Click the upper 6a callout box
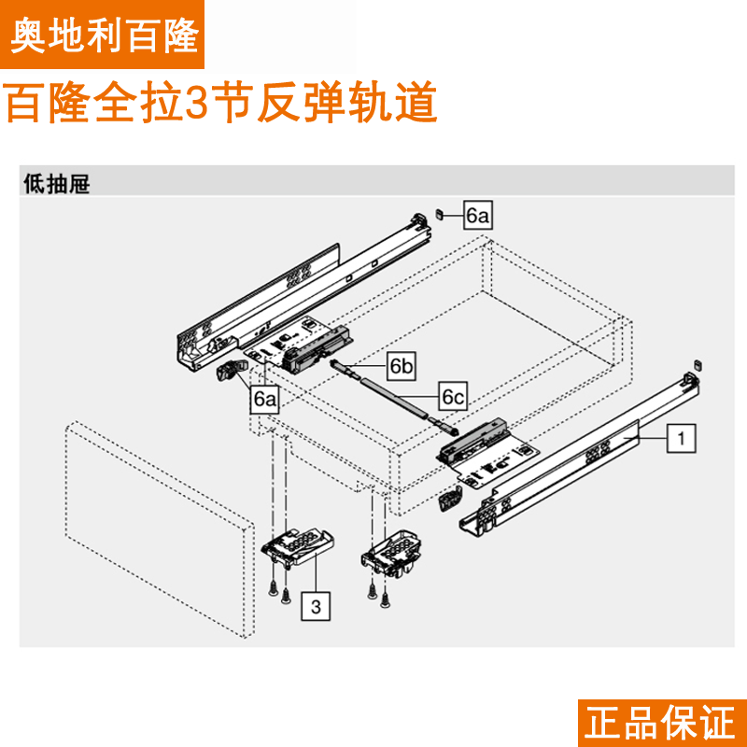pyautogui.click(x=477, y=217)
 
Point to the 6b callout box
pyautogui.click(x=402, y=367)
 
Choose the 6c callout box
pyautogui.click(x=453, y=398)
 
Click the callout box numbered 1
pyautogui.click(x=682, y=436)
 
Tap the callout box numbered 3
pyautogui.click(x=316, y=607)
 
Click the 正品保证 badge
pyautogui.click(x=661, y=723)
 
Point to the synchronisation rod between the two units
pyautogui.click(x=392, y=392)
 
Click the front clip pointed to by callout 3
pyautogui.click(x=297, y=545)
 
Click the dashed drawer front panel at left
pyautogui.click(x=159, y=532)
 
